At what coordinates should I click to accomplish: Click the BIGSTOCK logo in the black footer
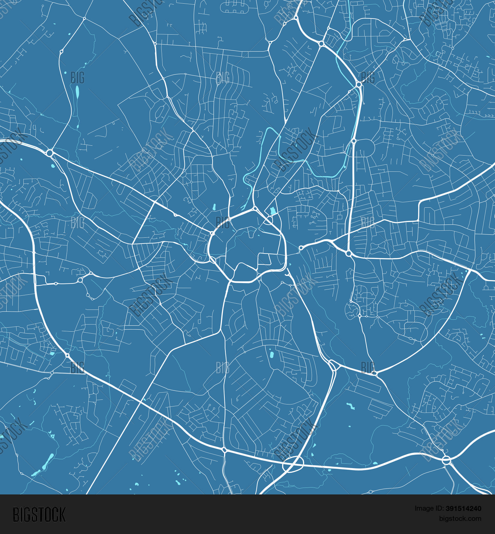point(39,515)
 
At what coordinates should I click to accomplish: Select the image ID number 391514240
point(463,509)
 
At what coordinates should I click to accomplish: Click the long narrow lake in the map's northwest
point(77,93)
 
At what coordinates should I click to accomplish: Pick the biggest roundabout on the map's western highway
point(49,153)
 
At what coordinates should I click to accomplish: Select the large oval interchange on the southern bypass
point(293,464)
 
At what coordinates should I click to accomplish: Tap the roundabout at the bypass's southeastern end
point(446,460)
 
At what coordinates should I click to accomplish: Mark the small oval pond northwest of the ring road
point(214,207)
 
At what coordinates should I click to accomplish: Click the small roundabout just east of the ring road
point(301,248)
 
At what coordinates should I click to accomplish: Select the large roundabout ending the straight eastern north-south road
point(348,253)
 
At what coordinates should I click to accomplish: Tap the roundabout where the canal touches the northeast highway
point(359,85)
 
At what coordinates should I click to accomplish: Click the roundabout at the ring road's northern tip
point(254,209)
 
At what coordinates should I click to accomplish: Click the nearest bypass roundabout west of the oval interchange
point(224,450)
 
